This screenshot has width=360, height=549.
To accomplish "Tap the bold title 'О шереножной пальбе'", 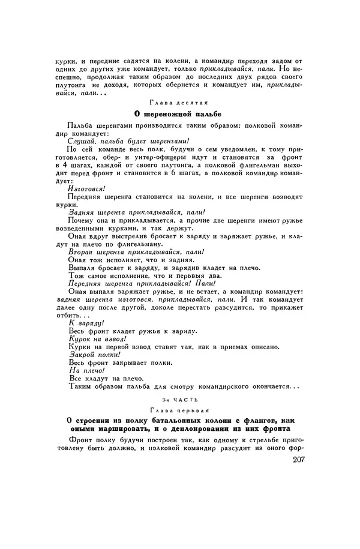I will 179,114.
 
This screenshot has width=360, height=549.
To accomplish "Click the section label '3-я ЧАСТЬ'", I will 179,398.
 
